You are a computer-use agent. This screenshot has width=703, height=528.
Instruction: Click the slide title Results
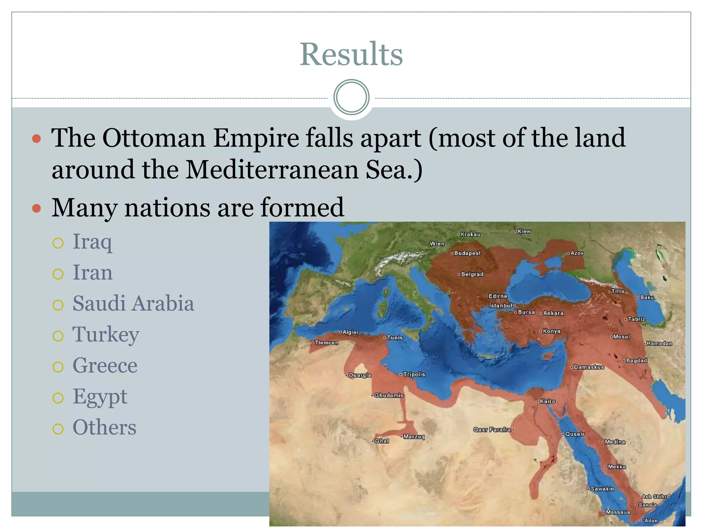351,54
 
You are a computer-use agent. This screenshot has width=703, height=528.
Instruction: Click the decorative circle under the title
351,97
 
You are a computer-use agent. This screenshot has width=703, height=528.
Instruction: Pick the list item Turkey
106,334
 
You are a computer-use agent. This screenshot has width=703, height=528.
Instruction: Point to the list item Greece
105,365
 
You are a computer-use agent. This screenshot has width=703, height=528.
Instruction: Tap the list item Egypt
100,397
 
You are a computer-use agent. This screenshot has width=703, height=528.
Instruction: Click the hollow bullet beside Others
58,429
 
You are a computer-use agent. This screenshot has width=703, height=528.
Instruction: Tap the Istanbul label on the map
500,305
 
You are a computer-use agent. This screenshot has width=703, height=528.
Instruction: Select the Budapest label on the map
467,253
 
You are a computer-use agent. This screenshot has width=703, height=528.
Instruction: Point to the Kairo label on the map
547,401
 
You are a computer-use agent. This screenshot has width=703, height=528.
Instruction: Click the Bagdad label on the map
636,361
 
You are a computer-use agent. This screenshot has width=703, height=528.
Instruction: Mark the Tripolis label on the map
414,374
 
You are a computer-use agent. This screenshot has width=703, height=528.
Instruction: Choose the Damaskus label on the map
588,367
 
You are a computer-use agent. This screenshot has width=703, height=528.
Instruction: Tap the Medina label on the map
614,442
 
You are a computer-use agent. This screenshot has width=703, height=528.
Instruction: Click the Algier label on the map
350,332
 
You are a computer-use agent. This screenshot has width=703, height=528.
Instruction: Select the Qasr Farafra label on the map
492,429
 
